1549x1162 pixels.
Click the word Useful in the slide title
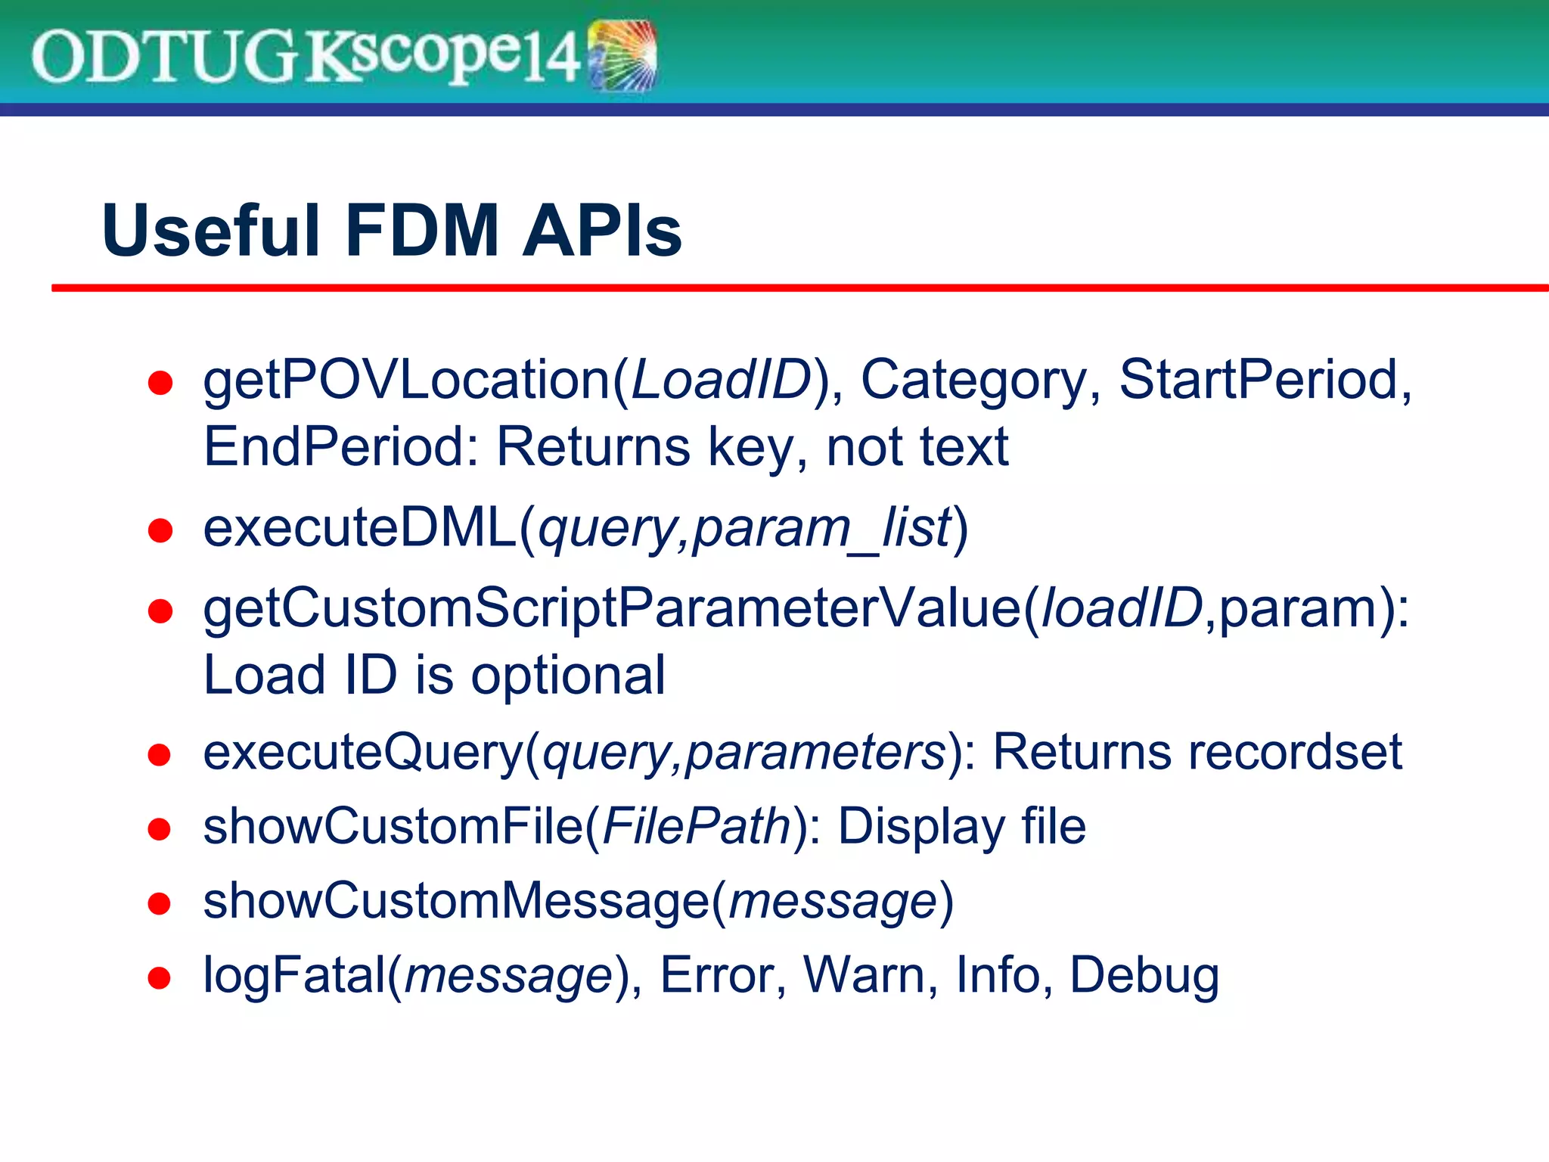pos(210,231)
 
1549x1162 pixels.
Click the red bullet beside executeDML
pos(160,530)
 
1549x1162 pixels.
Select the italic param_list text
pos(821,528)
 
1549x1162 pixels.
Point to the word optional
pos(568,675)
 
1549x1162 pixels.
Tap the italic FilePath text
pos(697,826)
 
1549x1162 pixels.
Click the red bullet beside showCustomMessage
pos(160,903)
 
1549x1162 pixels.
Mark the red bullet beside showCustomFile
pos(160,829)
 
